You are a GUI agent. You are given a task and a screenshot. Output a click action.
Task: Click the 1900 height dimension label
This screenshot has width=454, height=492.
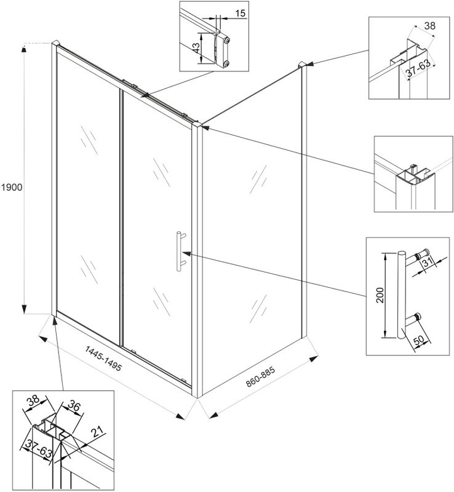click(12, 187)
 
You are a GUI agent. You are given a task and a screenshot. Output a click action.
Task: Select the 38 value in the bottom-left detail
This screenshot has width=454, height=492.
click(31, 399)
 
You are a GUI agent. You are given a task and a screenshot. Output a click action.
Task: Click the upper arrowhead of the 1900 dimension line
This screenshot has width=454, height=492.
click(25, 49)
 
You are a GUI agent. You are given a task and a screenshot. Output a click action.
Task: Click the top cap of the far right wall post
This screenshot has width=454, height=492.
click(302, 64)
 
